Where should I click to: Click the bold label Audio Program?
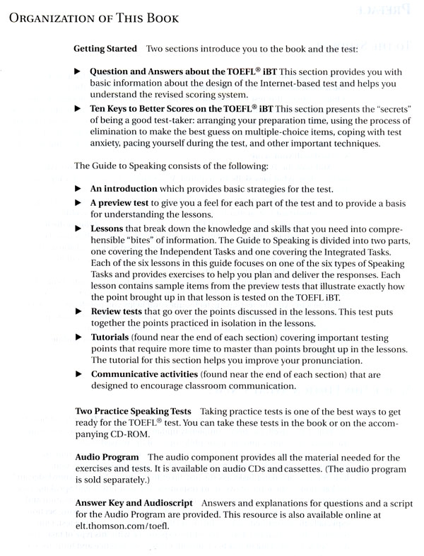click(106, 458)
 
